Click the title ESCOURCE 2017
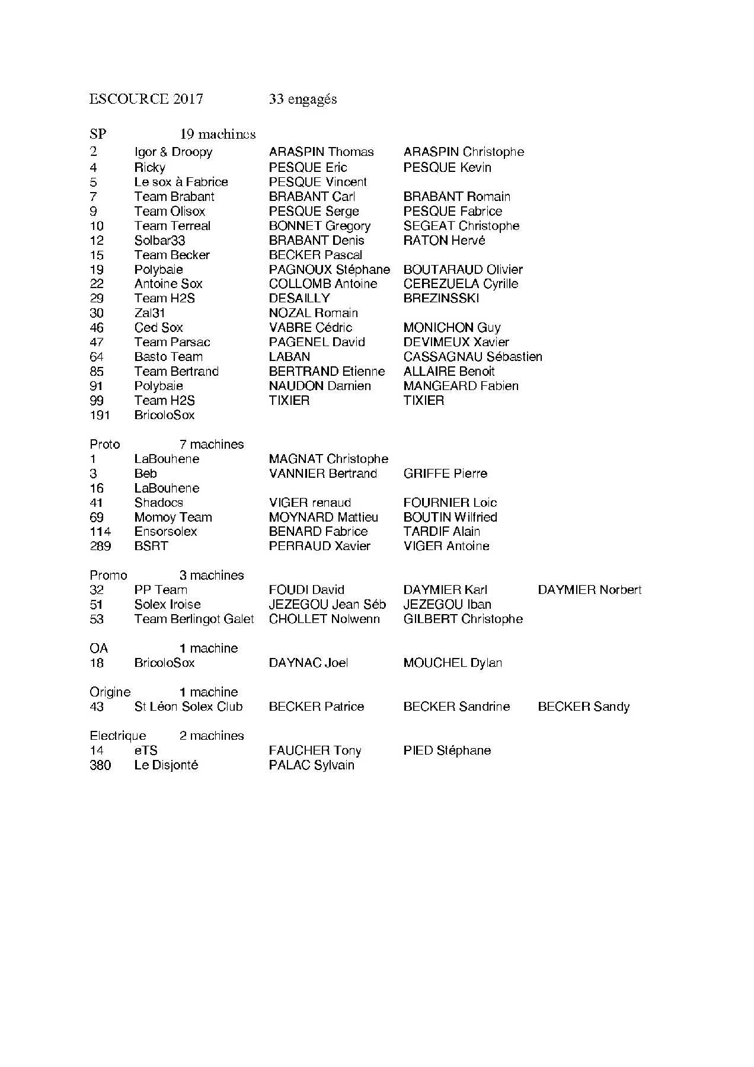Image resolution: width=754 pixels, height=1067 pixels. (146, 99)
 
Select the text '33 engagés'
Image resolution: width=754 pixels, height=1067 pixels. (302, 99)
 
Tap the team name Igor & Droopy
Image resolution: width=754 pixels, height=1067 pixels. (173, 152)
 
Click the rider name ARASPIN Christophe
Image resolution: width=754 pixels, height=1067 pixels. (464, 152)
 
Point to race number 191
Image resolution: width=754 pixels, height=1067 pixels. (100, 415)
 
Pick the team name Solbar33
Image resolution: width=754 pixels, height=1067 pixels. (159, 240)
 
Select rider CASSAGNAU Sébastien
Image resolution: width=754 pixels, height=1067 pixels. (472, 357)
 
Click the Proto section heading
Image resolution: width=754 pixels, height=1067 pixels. (104, 444)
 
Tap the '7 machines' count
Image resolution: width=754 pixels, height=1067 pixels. (212, 444)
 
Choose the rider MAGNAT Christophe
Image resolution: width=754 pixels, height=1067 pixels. (328, 459)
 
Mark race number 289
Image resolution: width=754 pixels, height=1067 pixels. (100, 546)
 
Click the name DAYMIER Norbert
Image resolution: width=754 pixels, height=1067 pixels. (589, 590)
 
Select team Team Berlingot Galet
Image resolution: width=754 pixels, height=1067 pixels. (194, 619)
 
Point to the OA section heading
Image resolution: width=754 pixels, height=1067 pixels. (98, 648)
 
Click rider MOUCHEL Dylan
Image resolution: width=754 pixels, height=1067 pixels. (452, 663)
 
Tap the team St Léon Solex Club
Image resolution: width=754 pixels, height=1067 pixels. (188, 707)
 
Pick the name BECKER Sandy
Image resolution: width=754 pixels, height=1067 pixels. (583, 707)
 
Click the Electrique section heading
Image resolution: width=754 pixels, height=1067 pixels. (117, 736)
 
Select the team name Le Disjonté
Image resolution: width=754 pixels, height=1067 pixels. (166, 765)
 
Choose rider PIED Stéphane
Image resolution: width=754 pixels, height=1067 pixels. (447, 750)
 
